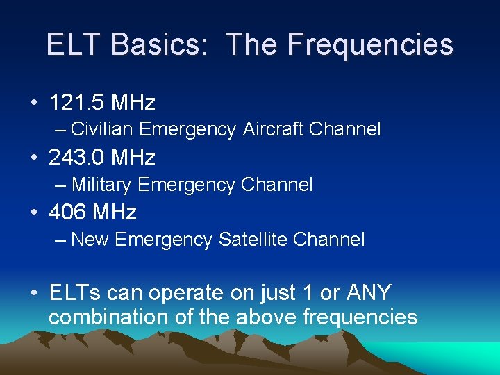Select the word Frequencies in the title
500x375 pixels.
pos(369,44)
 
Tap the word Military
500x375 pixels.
pos(102,185)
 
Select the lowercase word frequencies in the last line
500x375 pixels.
pos(360,317)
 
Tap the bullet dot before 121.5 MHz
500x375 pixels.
pos(34,103)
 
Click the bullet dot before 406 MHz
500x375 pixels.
pos(34,212)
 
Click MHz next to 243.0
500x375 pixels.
pos(131,158)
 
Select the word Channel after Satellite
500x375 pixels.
pos(328,240)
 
